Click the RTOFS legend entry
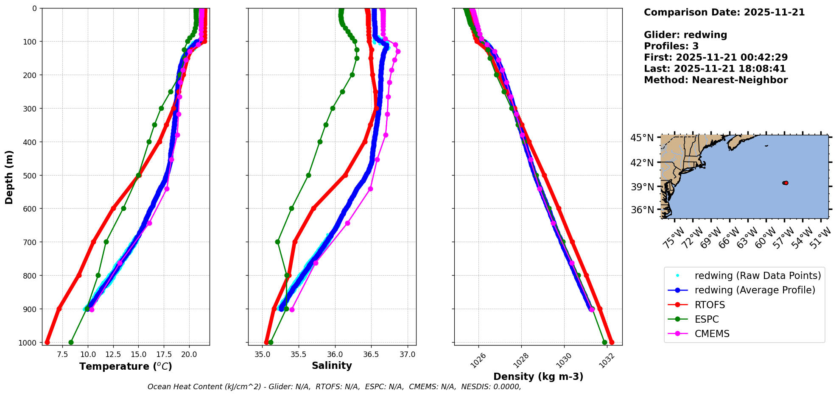710,305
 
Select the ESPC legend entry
707,319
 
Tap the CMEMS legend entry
712,334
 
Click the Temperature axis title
126,366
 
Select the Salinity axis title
332,365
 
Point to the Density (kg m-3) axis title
538,376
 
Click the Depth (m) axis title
9,177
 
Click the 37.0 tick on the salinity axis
408,354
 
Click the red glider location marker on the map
786,183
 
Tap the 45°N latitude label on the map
641,138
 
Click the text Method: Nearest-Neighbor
716,80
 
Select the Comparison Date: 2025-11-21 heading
724,12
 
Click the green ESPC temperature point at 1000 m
71,342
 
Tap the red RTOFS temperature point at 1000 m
47,342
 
